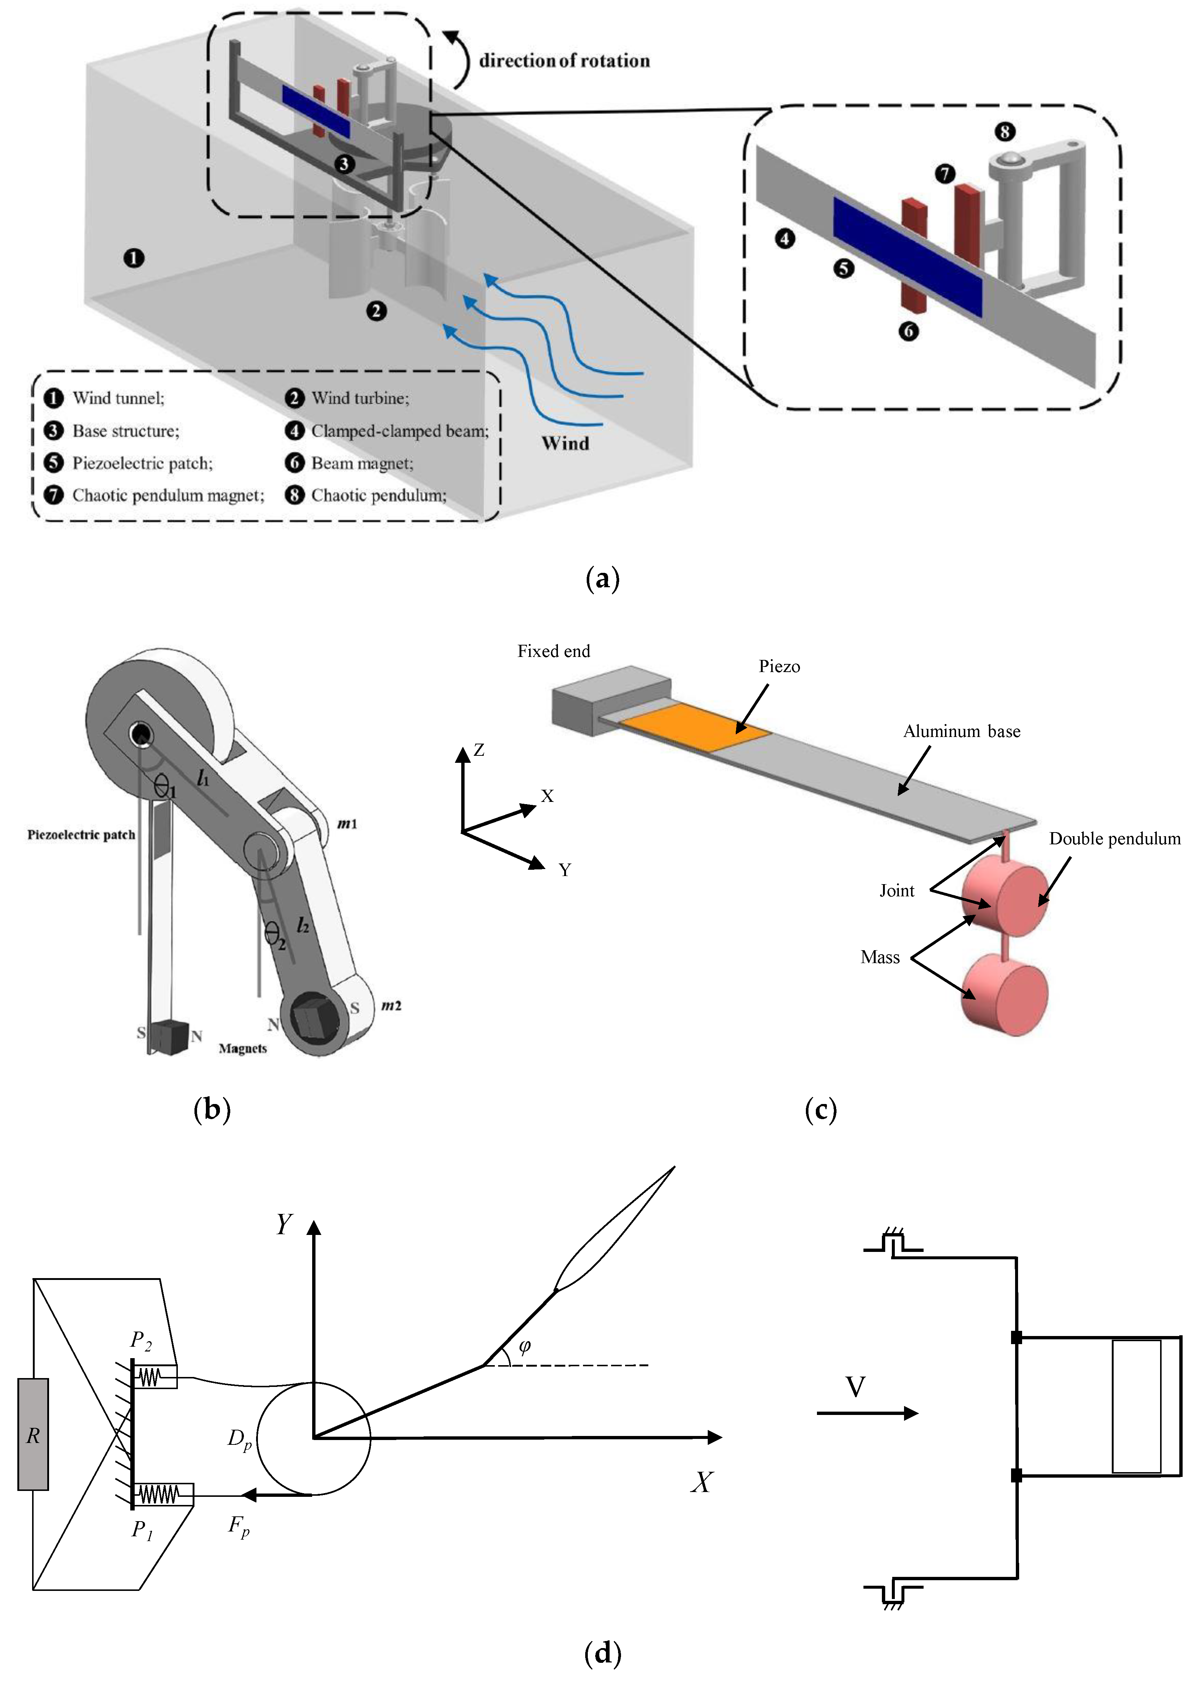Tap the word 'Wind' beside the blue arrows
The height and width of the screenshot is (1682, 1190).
click(565, 443)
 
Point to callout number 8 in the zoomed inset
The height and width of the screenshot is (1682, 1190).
click(1005, 132)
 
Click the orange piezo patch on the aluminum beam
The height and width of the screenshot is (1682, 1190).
click(695, 727)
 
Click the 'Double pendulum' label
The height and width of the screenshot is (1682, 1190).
click(1114, 839)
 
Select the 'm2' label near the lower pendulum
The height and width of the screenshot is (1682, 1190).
click(391, 1006)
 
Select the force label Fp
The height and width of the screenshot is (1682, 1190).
click(239, 1527)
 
